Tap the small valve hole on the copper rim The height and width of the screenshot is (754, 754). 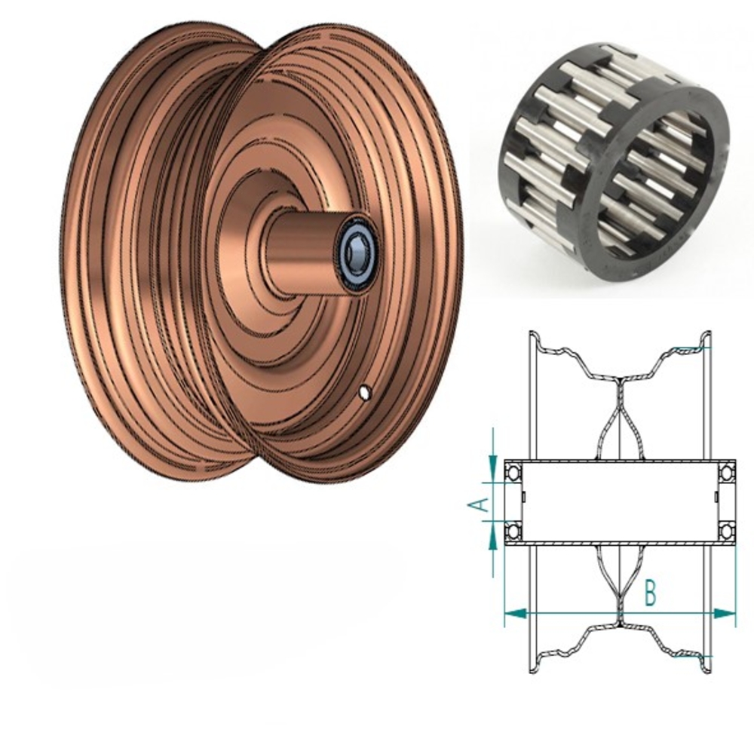point(365,392)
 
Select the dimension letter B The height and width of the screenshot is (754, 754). point(650,593)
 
